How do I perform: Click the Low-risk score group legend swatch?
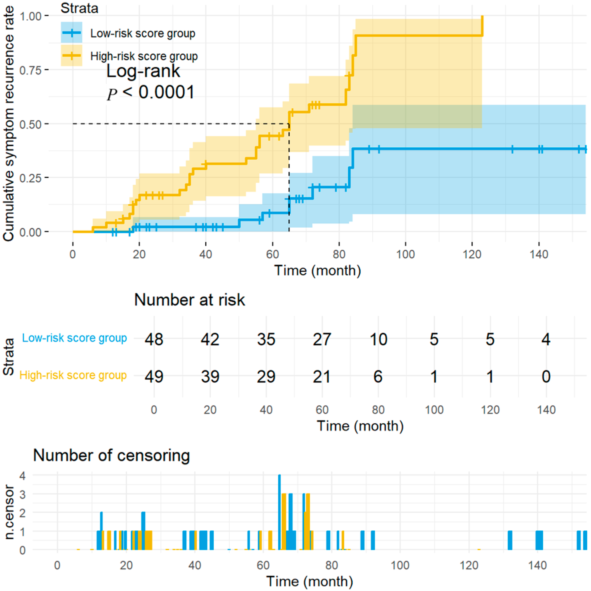point(71,32)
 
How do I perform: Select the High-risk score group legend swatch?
point(71,55)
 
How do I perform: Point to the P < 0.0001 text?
point(151,92)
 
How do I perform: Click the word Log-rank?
point(143,71)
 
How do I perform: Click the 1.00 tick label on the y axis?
point(30,16)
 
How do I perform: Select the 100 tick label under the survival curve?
point(405,254)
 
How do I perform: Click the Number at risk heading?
point(189,300)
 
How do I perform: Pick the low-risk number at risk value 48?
point(154,339)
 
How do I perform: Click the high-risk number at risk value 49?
point(154,377)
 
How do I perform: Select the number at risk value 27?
point(322,339)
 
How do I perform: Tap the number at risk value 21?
point(322,377)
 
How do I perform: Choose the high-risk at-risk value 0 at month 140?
point(546,377)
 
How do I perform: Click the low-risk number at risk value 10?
point(378,339)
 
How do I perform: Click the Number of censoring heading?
point(111,455)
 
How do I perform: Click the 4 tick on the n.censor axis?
point(22,476)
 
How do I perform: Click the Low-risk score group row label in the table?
point(74,338)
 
